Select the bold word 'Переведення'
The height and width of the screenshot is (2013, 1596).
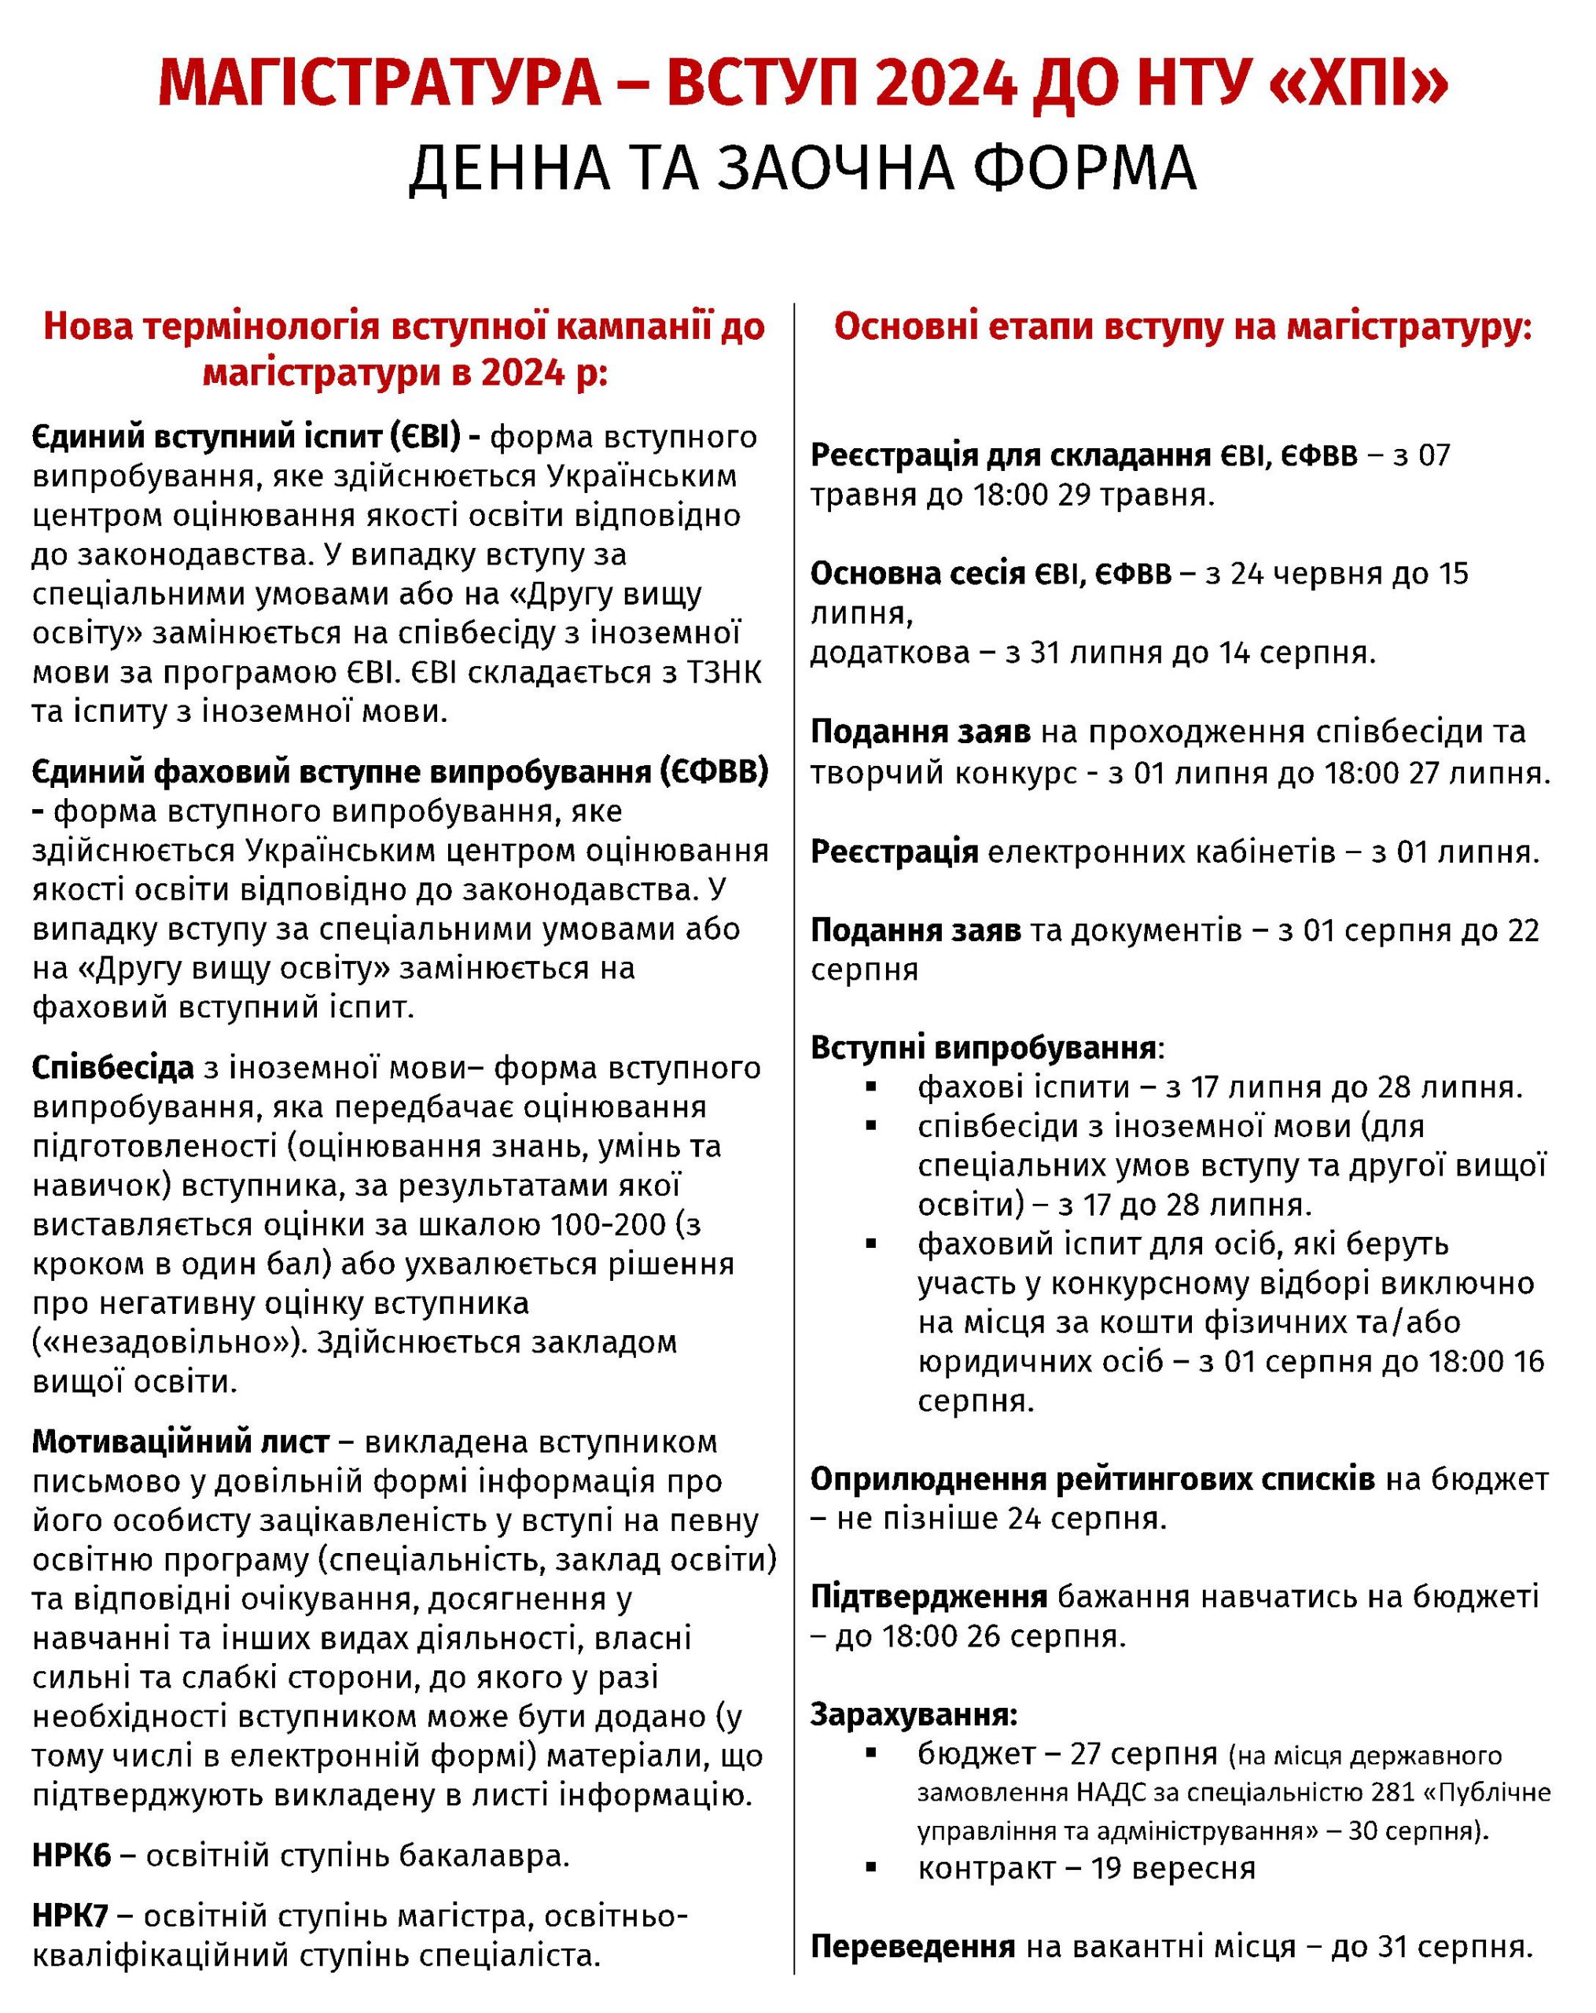[912, 1947]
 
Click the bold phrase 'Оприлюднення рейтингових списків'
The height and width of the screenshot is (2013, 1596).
[1092, 1480]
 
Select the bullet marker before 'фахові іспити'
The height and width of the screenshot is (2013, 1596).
[871, 1087]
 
